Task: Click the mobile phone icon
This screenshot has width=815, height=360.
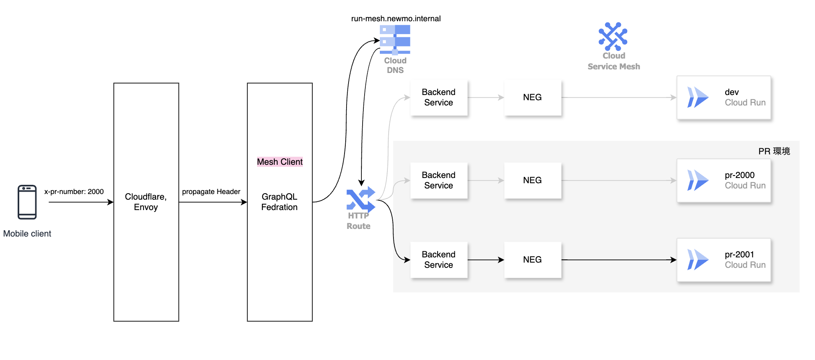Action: (x=27, y=202)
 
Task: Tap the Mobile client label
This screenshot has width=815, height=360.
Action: (x=27, y=234)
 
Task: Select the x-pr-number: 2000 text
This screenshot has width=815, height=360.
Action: (x=74, y=192)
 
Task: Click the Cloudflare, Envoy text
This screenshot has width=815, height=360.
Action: (x=146, y=202)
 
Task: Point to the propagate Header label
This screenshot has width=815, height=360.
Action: (x=211, y=192)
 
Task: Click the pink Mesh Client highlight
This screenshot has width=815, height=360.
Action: (x=280, y=162)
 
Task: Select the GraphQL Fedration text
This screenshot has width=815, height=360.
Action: (x=279, y=202)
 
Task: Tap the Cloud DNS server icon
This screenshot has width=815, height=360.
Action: (x=395, y=40)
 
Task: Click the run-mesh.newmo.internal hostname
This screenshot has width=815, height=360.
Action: (x=395, y=18)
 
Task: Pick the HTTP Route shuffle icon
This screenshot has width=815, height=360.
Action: (x=361, y=199)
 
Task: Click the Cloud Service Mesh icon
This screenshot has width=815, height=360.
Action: (x=613, y=36)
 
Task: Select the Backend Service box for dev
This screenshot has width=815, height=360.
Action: (x=439, y=97)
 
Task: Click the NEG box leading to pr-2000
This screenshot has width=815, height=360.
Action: (x=532, y=180)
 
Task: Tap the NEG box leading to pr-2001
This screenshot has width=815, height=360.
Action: (x=532, y=260)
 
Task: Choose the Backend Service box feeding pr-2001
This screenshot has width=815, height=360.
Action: (x=439, y=260)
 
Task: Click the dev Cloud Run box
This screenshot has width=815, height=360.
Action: (x=724, y=97)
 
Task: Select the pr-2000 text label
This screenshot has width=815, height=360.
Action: (x=739, y=175)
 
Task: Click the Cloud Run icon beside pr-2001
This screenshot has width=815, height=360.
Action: (x=697, y=260)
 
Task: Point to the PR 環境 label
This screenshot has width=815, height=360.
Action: (x=774, y=151)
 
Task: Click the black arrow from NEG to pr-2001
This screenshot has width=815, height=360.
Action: (x=618, y=260)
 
